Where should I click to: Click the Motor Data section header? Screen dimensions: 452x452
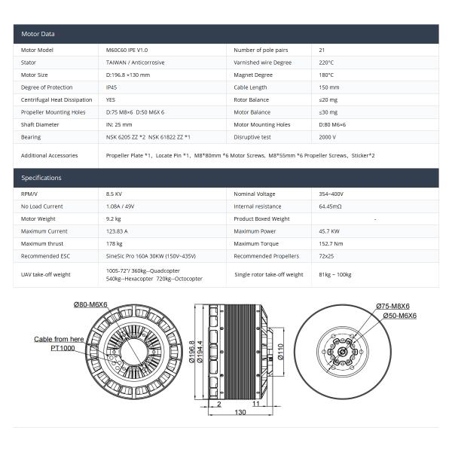point(38,34)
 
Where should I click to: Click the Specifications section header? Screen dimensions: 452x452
point(41,178)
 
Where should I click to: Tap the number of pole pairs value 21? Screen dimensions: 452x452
point(322,50)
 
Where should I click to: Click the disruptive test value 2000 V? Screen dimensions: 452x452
point(328,137)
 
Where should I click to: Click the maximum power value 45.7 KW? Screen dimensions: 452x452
point(329,231)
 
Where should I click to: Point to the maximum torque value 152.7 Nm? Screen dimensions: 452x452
point(331,244)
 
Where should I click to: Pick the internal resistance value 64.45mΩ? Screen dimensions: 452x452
point(331,206)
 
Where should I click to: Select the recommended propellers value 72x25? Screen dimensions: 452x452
point(326,256)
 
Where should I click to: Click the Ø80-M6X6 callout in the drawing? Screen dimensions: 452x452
point(90,304)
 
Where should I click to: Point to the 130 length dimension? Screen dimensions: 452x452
point(240,412)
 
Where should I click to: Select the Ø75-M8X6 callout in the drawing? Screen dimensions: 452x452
point(392,307)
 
